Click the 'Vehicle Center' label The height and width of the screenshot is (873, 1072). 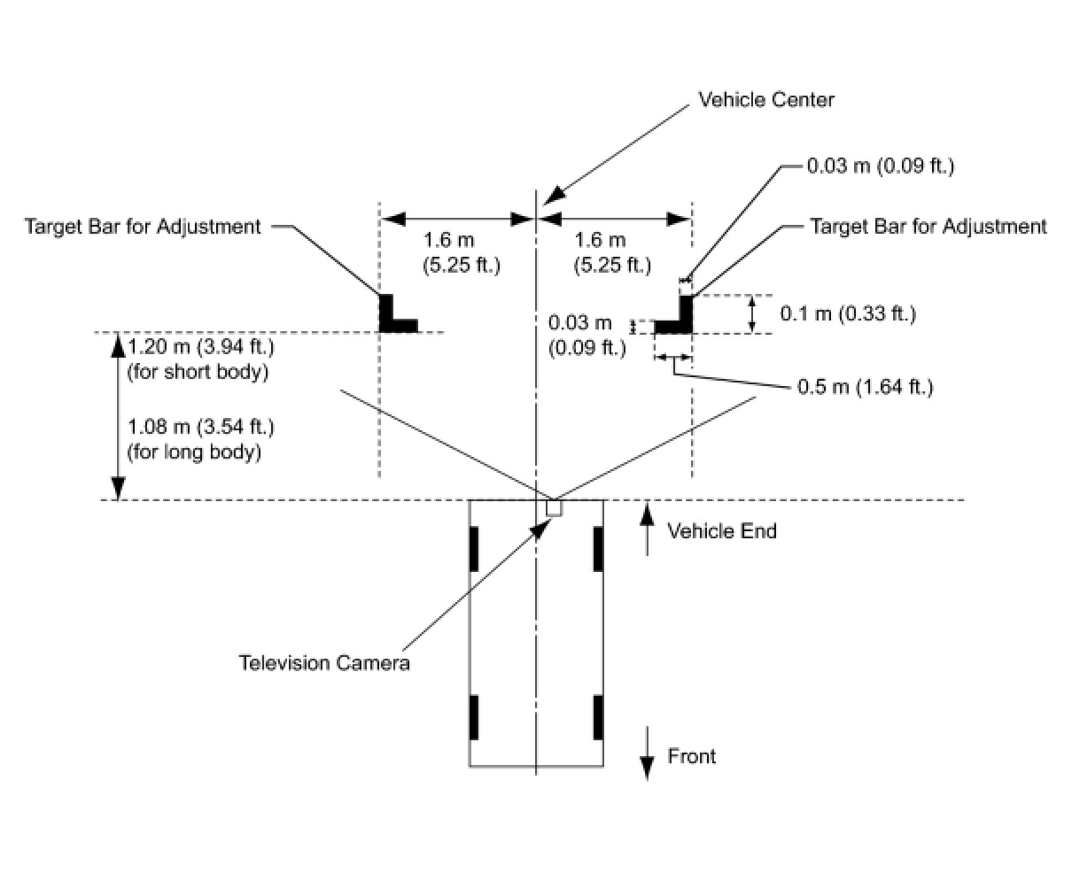coord(765,99)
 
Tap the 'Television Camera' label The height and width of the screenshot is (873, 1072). coord(324,662)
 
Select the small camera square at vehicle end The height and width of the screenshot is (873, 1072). coord(554,507)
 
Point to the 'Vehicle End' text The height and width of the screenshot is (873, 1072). coord(721,531)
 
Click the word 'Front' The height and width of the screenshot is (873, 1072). coord(692,756)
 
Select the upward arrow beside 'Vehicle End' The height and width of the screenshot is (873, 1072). coord(648,529)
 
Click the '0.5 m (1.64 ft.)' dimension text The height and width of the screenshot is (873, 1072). coord(865,387)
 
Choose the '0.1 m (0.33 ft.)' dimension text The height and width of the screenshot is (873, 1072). coord(848,313)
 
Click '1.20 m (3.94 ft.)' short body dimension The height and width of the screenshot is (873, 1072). coord(200,345)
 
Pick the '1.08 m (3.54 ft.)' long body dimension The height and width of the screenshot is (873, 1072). coord(200,427)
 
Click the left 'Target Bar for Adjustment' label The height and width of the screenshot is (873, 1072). coord(144,226)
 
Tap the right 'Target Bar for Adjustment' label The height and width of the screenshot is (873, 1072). coord(928,226)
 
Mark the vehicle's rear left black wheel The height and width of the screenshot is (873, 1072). coord(474,549)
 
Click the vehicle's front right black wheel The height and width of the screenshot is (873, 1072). coord(599,717)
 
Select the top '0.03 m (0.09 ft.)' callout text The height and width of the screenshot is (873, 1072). coord(881,166)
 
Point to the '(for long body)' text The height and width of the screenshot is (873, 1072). coord(195,452)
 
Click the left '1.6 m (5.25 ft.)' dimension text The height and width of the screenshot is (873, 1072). coord(462,252)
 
